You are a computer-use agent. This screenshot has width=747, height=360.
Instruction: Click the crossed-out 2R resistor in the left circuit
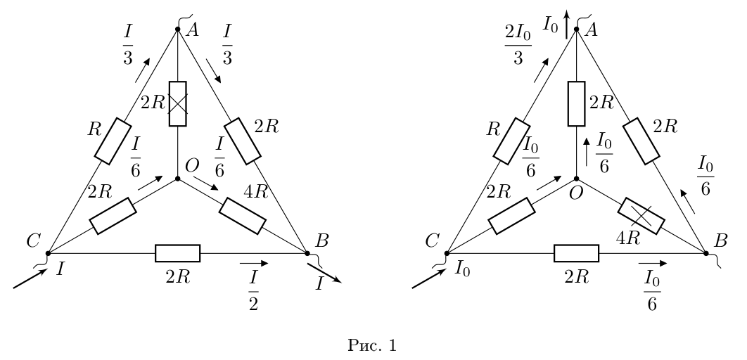(x=178, y=103)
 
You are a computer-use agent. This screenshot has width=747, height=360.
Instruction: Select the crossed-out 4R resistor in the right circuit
(x=641, y=216)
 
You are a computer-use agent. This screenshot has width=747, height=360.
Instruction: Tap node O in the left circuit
(x=178, y=179)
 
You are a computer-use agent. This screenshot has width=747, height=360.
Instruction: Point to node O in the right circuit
(x=577, y=179)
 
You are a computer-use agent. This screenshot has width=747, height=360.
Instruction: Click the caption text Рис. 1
(x=372, y=345)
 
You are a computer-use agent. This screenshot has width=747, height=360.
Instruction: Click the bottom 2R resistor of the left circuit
(x=178, y=253)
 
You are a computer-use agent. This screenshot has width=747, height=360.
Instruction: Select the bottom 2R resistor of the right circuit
(x=577, y=253)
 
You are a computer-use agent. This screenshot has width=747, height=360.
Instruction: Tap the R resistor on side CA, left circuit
(x=113, y=142)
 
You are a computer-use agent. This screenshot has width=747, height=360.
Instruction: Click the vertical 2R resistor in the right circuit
(x=577, y=103)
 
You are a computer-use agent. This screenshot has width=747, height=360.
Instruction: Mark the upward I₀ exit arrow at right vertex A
(x=566, y=25)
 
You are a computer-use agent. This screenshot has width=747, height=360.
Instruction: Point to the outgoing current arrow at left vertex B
(x=324, y=273)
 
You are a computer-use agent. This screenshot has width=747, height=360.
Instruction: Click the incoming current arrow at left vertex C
(x=30, y=278)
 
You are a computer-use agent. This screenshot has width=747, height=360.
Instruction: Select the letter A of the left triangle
(x=192, y=30)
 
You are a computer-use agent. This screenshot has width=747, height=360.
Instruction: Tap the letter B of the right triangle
(x=721, y=241)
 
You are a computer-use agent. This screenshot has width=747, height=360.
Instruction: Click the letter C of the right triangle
(x=432, y=241)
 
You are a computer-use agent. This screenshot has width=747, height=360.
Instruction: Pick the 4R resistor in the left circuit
(x=242, y=216)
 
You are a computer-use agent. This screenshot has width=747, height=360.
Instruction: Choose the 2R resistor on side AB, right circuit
(x=641, y=142)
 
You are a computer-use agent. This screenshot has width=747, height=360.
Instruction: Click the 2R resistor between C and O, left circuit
(x=113, y=216)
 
